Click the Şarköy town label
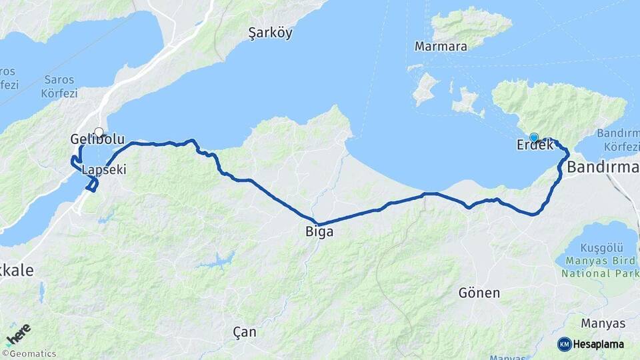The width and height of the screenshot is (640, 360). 270,33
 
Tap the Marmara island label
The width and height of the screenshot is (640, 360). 441,47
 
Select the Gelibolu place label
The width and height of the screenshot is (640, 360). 97,140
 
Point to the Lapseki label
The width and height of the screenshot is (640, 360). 103,170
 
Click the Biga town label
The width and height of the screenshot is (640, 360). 319,232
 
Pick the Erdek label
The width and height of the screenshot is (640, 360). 535,145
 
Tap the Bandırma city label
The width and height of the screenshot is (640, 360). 603,167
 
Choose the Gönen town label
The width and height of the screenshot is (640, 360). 479,292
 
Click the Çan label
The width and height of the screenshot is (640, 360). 245,331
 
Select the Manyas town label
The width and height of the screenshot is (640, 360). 603,323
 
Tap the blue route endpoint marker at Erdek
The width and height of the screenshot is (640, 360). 533,137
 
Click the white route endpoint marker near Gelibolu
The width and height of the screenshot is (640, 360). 99,132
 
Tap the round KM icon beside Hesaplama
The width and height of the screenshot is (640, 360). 564,344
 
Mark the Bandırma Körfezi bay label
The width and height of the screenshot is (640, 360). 619,139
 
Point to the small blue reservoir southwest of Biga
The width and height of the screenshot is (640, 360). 217,260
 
